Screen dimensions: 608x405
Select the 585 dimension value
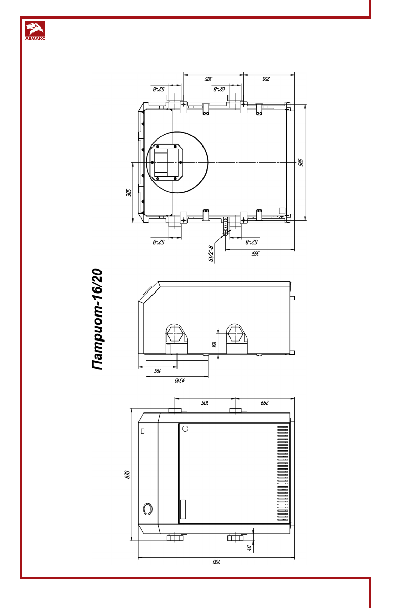click(x=300, y=162)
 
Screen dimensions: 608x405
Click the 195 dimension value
click(x=158, y=371)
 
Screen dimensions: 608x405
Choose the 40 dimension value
click(x=249, y=548)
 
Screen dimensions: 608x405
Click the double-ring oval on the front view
click(x=147, y=508)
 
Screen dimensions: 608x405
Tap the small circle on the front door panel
click(x=185, y=428)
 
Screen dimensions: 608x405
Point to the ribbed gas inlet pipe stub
click(x=225, y=226)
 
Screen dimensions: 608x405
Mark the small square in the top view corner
click(x=281, y=210)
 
